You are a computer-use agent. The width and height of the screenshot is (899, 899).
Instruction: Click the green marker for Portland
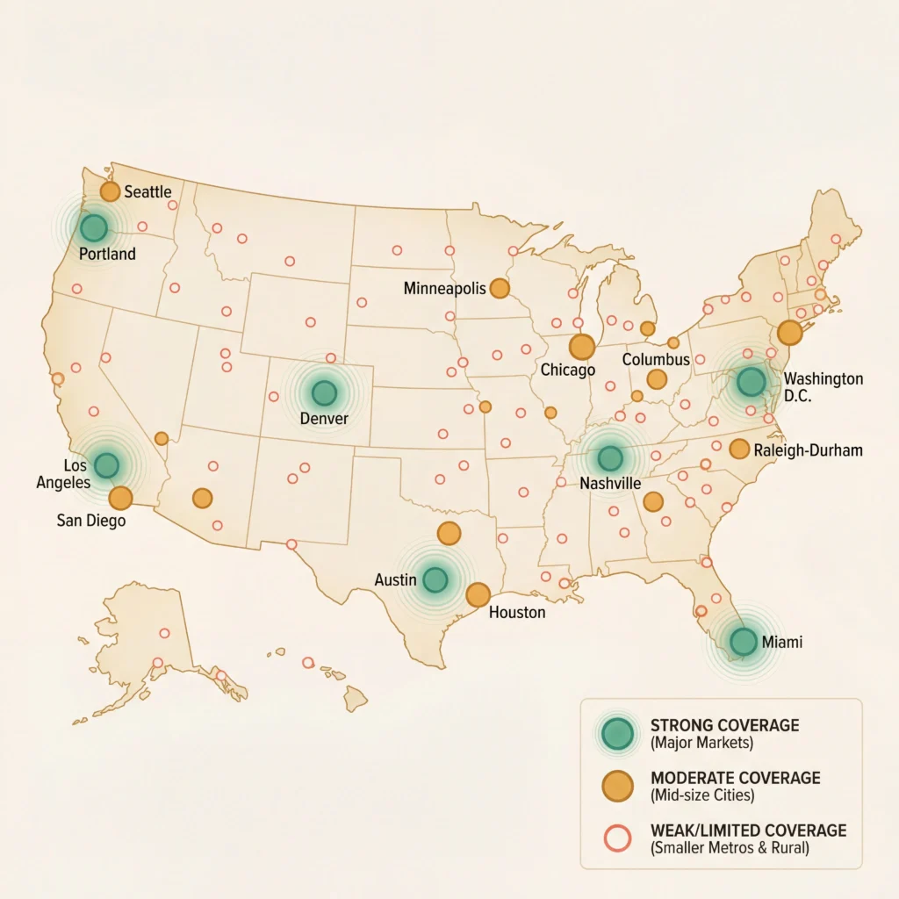click(93, 228)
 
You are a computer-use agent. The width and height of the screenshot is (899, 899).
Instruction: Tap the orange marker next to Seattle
click(110, 191)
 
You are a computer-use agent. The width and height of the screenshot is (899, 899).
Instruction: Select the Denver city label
click(324, 419)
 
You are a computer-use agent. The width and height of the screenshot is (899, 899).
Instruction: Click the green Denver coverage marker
click(324, 392)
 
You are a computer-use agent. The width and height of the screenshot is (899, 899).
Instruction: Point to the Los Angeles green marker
click(106, 465)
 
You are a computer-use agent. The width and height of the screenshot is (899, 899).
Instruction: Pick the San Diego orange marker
click(120, 498)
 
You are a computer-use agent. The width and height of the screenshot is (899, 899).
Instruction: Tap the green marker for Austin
click(435, 579)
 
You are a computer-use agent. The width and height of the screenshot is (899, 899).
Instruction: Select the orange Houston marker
click(478, 594)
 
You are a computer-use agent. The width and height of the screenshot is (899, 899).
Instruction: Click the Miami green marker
click(743, 641)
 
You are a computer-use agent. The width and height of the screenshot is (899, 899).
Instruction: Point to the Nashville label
click(609, 484)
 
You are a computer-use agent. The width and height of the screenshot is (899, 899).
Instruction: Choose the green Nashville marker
click(609, 457)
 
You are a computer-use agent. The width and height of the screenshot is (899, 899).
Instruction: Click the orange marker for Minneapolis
click(500, 288)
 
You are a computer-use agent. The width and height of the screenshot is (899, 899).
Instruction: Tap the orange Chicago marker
click(581, 347)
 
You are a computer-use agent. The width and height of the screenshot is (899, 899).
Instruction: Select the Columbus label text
click(657, 360)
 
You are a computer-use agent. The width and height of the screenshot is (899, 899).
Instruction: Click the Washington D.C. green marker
click(751, 381)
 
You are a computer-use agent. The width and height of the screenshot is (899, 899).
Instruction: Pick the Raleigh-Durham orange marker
click(739, 449)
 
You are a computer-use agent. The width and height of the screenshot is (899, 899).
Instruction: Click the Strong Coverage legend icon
click(619, 732)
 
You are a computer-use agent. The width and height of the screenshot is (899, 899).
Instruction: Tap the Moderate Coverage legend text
click(735, 779)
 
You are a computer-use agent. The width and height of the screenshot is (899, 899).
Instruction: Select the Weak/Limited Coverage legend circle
click(619, 839)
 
